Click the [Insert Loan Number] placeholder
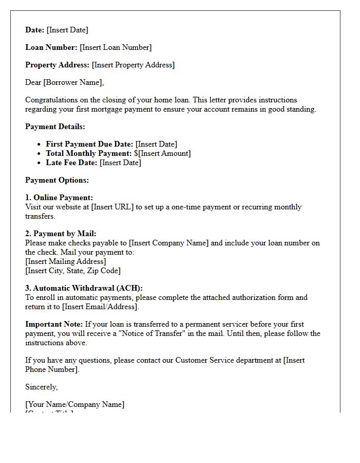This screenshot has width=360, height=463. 116,47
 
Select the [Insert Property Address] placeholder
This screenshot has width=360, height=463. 133,65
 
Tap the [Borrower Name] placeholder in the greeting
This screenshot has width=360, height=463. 74,82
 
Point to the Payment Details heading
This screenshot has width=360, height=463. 55,127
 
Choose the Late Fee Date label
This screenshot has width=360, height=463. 71,163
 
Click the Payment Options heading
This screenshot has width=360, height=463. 57,180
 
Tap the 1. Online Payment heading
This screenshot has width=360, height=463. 59,198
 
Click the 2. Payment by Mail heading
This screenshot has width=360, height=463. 61,234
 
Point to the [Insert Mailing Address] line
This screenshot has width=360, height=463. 66,261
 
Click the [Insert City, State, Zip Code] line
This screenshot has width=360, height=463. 73,271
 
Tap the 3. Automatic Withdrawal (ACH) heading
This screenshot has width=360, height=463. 84,288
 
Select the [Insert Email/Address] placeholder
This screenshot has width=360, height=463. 100,307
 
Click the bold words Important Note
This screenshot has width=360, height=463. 53,324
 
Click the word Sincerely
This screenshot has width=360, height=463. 41,387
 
